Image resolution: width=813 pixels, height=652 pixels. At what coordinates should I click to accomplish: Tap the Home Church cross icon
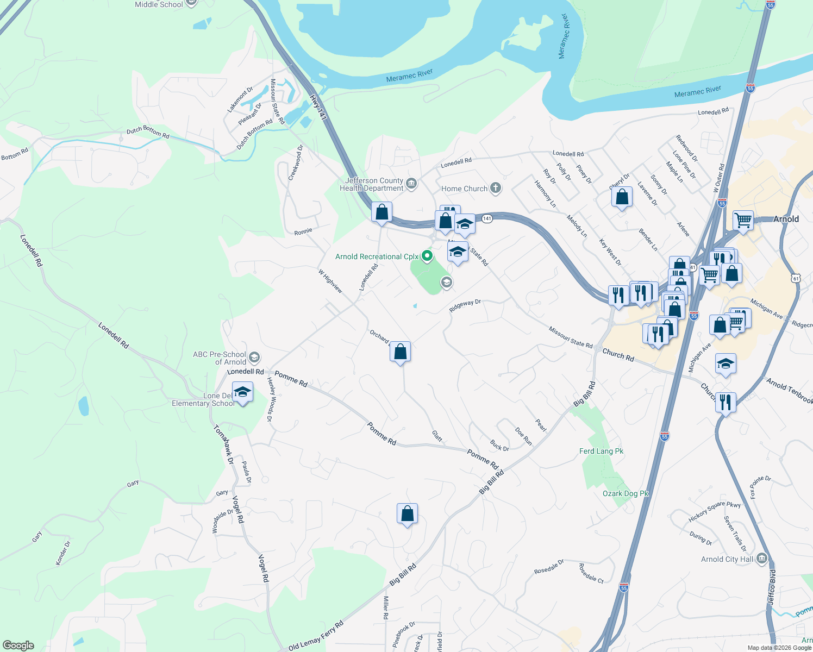click(495, 189)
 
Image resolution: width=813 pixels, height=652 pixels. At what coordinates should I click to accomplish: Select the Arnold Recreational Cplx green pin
click(428, 256)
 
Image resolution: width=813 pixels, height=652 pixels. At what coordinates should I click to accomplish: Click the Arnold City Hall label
click(727, 559)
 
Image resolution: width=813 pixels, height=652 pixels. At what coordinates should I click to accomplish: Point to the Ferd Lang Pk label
click(601, 451)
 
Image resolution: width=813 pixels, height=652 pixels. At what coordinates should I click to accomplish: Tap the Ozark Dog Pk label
click(626, 493)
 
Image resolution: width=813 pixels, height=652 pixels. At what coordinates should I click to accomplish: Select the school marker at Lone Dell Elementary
click(242, 392)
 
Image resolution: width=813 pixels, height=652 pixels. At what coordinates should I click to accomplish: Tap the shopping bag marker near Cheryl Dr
click(622, 197)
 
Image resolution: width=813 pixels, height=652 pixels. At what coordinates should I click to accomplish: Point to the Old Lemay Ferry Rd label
click(316, 636)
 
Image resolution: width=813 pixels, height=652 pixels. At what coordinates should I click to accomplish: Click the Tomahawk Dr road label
click(223, 444)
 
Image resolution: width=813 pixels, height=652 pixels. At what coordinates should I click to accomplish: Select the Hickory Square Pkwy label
click(714, 511)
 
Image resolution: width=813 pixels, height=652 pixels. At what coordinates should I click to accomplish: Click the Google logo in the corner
click(18, 645)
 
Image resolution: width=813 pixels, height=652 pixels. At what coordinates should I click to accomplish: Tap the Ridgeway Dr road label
click(465, 306)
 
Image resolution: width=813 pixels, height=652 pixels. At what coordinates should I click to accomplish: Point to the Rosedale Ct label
click(591, 573)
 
